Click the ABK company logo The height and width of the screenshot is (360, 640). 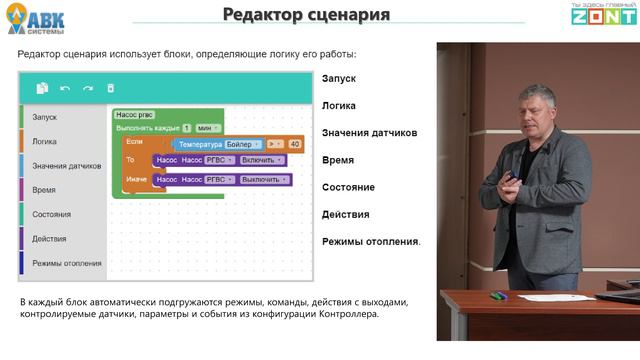point(39,18)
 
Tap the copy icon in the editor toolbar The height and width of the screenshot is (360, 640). point(42,88)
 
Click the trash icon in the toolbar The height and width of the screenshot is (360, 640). point(111,88)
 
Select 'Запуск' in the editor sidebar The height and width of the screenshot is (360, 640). point(45,117)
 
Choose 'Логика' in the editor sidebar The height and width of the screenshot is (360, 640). point(45,141)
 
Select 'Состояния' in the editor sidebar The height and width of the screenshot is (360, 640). point(51,214)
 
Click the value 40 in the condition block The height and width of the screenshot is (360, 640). point(294,144)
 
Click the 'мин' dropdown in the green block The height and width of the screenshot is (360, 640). point(206,128)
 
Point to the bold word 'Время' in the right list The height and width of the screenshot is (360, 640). point(338,160)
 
